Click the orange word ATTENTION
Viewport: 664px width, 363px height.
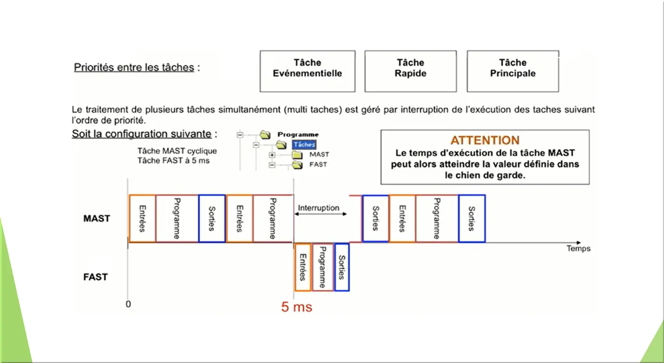click(x=485, y=140)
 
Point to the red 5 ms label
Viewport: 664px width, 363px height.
click(x=296, y=307)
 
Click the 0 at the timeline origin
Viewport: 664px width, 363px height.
click(x=128, y=304)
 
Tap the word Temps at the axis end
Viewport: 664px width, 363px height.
click(x=578, y=248)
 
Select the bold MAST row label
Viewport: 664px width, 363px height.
click(x=96, y=218)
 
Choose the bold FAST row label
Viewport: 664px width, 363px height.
click(x=95, y=277)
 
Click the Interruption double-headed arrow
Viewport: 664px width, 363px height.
click(x=320, y=214)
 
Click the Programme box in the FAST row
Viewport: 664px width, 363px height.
click(x=323, y=267)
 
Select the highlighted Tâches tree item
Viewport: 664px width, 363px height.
click(x=304, y=145)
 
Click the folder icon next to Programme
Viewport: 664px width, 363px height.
click(x=265, y=135)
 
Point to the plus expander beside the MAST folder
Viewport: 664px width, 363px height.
click(x=272, y=155)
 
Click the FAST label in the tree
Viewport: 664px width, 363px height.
click(x=318, y=165)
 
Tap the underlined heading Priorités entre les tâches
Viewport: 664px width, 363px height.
click(x=134, y=67)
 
